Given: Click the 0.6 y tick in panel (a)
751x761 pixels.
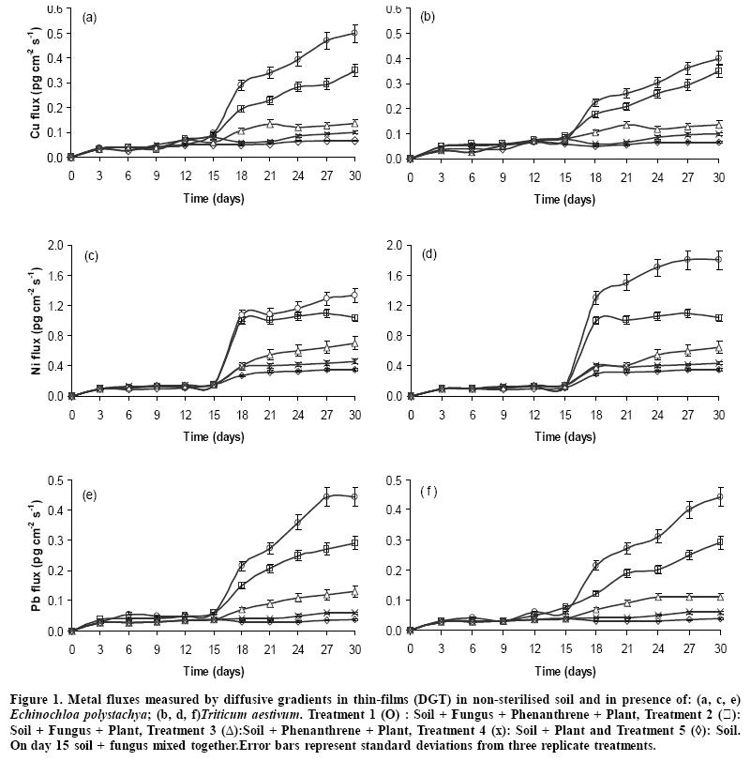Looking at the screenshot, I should click(x=56, y=8).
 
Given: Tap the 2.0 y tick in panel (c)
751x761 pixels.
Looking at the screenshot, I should click(x=56, y=246).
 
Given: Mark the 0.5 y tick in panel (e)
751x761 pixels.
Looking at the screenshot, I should click(x=56, y=481).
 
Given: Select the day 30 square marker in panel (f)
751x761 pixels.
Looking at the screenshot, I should click(x=718, y=542).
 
